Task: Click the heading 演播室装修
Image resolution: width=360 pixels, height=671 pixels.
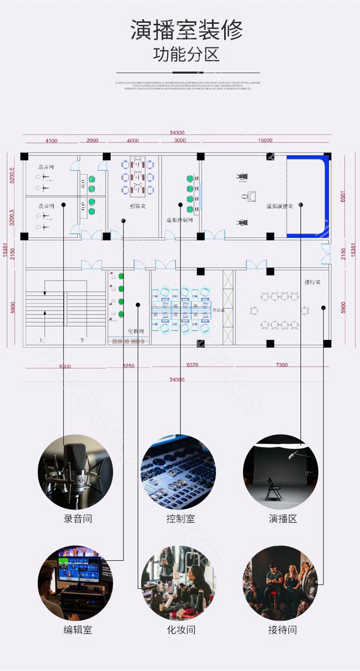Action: [186, 30]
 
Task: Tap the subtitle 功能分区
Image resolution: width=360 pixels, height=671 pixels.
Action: [186, 55]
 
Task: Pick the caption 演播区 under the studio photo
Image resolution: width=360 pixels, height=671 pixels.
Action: [283, 519]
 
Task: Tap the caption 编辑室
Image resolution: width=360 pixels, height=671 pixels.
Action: [77, 630]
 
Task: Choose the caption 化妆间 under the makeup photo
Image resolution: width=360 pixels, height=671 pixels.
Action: [180, 630]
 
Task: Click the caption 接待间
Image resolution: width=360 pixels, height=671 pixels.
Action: [283, 630]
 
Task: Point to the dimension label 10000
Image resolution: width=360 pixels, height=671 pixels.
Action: [265, 140]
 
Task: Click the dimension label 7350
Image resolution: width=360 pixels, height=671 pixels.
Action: [282, 365]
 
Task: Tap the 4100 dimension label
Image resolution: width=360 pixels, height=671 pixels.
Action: [51, 140]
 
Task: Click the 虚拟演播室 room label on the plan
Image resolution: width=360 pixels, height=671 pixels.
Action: [279, 206]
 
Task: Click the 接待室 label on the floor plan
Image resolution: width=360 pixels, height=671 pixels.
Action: [312, 282]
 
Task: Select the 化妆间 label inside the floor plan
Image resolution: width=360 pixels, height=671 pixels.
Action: [136, 331]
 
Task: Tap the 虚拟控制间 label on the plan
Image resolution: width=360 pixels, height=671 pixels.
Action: [179, 220]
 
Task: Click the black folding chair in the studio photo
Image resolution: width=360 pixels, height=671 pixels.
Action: [273, 489]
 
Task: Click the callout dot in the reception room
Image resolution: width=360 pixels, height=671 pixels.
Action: [324, 308]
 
